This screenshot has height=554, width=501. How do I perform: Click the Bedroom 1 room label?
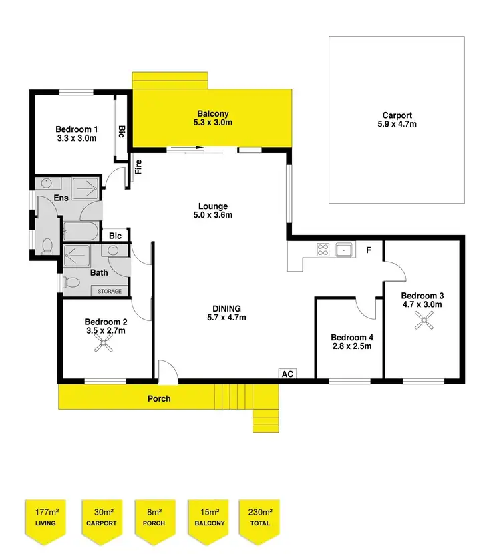tap(76, 134)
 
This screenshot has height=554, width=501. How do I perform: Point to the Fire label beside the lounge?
tap(139, 166)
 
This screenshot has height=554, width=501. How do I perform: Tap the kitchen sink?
tap(345, 250)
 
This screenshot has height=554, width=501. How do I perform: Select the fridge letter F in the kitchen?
tap(368, 251)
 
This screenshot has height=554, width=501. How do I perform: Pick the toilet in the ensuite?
tap(47, 248)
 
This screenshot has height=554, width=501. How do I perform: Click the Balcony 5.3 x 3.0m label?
tap(214, 118)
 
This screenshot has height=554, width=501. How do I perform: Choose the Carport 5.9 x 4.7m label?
tap(397, 119)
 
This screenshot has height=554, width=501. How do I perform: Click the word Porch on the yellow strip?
tap(159, 399)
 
